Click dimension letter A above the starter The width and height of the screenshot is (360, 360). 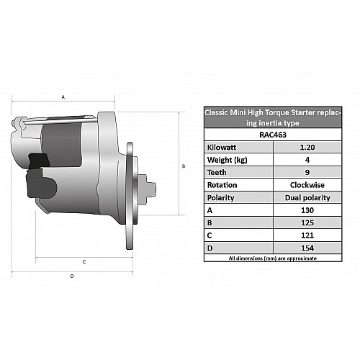click(x=63, y=97)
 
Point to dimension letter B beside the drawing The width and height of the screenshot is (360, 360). click(x=184, y=166)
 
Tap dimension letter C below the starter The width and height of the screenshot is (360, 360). click(x=84, y=262)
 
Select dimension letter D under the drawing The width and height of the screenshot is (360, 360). click(x=72, y=276)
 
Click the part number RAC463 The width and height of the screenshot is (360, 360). click(x=273, y=135)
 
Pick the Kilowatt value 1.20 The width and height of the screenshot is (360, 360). click(x=307, y=147)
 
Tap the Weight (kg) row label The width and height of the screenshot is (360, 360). click(x=227, y=160)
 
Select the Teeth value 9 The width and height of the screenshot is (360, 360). click(x=307, y=172)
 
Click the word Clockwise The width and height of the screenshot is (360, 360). click(x=307, y=185)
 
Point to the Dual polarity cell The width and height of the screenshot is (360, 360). click(x=307, y=198)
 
